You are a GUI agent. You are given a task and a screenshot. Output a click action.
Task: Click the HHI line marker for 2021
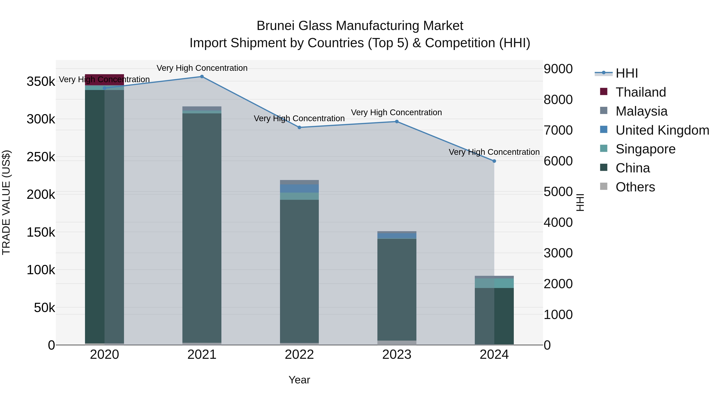coord(202,77)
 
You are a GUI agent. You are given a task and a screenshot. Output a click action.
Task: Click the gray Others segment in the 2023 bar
coord(397,342)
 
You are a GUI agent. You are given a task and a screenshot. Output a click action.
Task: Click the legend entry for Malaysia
coord(641,111)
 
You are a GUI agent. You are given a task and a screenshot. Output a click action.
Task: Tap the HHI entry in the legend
coord(626,73)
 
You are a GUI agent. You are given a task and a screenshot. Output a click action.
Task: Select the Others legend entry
coord(635,187)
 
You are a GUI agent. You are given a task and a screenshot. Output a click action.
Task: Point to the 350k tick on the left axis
coord(41,82)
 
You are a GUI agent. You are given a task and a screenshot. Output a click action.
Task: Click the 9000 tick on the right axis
coord(558,69)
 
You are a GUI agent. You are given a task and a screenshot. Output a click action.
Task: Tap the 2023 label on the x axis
coord(397,355)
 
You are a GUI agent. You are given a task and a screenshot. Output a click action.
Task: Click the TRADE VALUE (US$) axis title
coord(6,202)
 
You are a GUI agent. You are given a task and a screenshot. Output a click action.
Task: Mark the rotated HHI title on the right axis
coord(580,202)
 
